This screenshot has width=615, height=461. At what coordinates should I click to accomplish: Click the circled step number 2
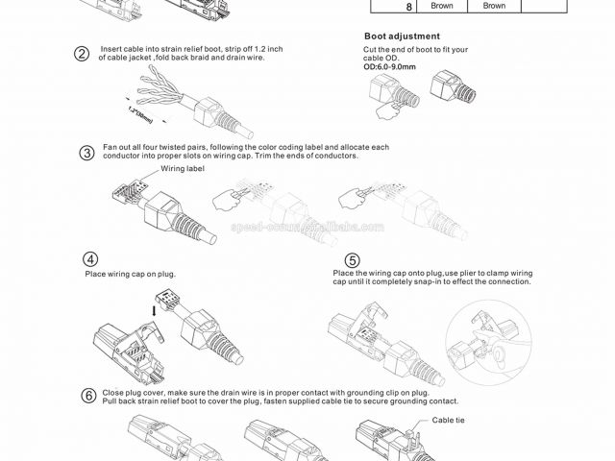pos(83,54)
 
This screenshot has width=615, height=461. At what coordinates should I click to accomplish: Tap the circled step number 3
pos(86,153)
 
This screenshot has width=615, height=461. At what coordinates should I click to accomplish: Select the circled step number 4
pos(90,259)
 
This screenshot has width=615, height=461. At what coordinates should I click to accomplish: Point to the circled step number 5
pos(353,260)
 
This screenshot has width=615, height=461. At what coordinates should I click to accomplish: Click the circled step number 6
pos(88,395)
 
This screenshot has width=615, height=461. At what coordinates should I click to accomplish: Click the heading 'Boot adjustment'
pos(387,36)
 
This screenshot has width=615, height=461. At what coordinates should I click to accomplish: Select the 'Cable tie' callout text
pos(449,420)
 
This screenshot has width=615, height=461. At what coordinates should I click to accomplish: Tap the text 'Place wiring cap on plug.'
pos(131,275)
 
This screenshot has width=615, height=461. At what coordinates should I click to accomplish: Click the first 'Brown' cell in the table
pos(441,6)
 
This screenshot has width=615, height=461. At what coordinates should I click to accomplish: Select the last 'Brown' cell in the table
pos(494,6)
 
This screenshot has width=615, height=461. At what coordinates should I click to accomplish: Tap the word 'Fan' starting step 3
pos(110,147)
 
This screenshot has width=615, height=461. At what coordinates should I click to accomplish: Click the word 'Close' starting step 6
pos(113,392)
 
